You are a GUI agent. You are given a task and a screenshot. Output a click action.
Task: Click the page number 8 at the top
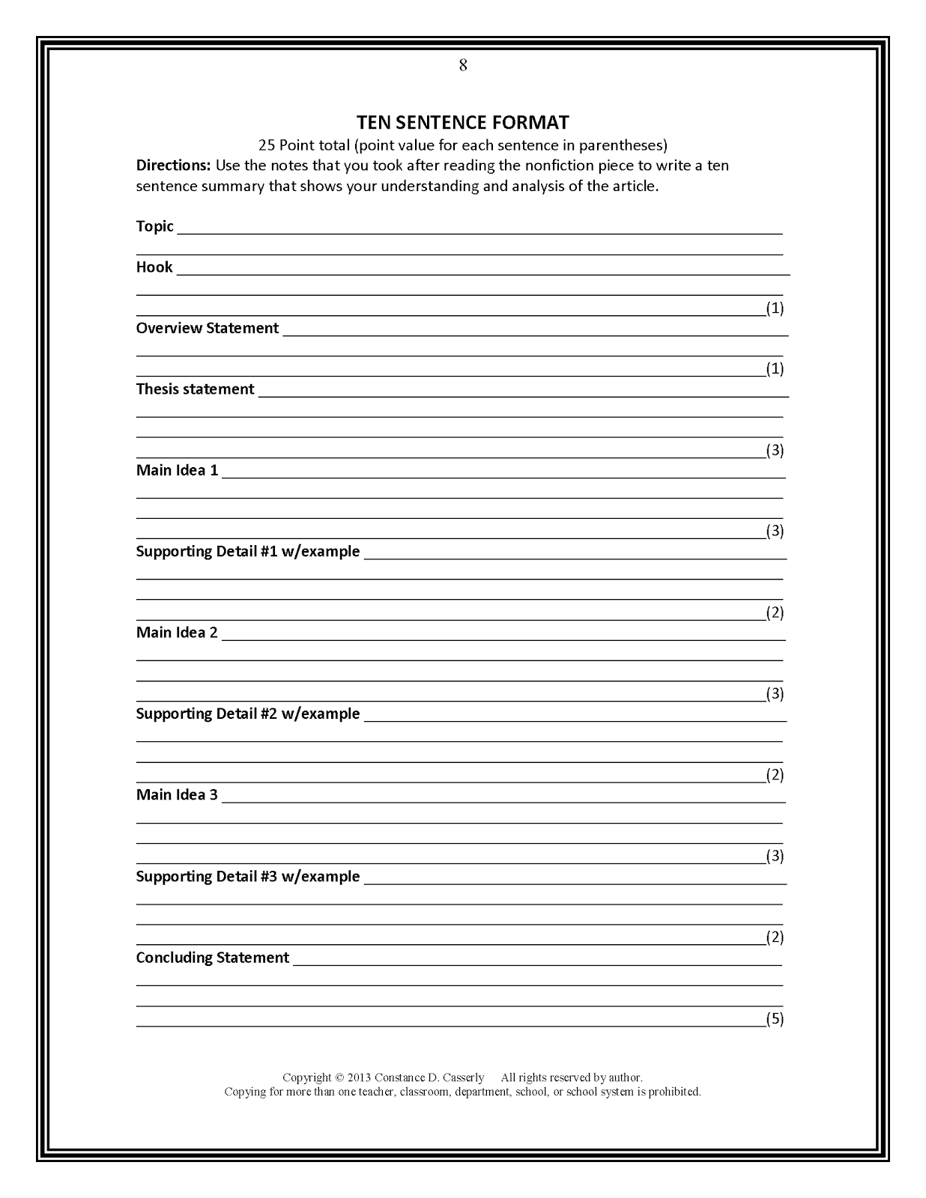coord(463,66)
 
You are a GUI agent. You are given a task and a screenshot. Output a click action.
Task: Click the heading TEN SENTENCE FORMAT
coord(462,122)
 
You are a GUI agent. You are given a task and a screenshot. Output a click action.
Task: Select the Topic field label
coord(154,226)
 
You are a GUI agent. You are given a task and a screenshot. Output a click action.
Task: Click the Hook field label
coord(154,267)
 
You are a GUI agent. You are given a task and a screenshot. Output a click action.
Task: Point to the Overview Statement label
coord(208,328)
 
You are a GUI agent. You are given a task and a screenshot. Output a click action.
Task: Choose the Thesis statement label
coord(195,389)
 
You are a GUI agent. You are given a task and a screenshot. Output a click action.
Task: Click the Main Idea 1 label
coord(177,470)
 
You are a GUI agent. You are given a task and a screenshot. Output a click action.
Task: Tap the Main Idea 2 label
coord(177,633)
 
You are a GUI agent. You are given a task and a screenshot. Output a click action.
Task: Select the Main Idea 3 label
coord(177,794)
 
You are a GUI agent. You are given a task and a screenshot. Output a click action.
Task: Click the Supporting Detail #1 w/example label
coord(247,552)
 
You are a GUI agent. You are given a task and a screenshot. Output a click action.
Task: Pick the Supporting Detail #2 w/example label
coord(247,714)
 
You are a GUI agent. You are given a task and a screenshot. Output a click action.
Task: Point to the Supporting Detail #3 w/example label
coord(247,876)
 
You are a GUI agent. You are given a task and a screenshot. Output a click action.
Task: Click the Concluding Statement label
coord(212,958)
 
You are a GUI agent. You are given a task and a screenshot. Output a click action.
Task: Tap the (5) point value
coord(775,1018)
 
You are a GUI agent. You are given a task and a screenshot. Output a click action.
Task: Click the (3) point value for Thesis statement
coord(775,450)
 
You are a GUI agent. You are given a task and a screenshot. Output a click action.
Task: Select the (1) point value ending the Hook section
coord(775,308)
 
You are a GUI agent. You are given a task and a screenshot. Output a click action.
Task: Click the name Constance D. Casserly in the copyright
coord(429,1077)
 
